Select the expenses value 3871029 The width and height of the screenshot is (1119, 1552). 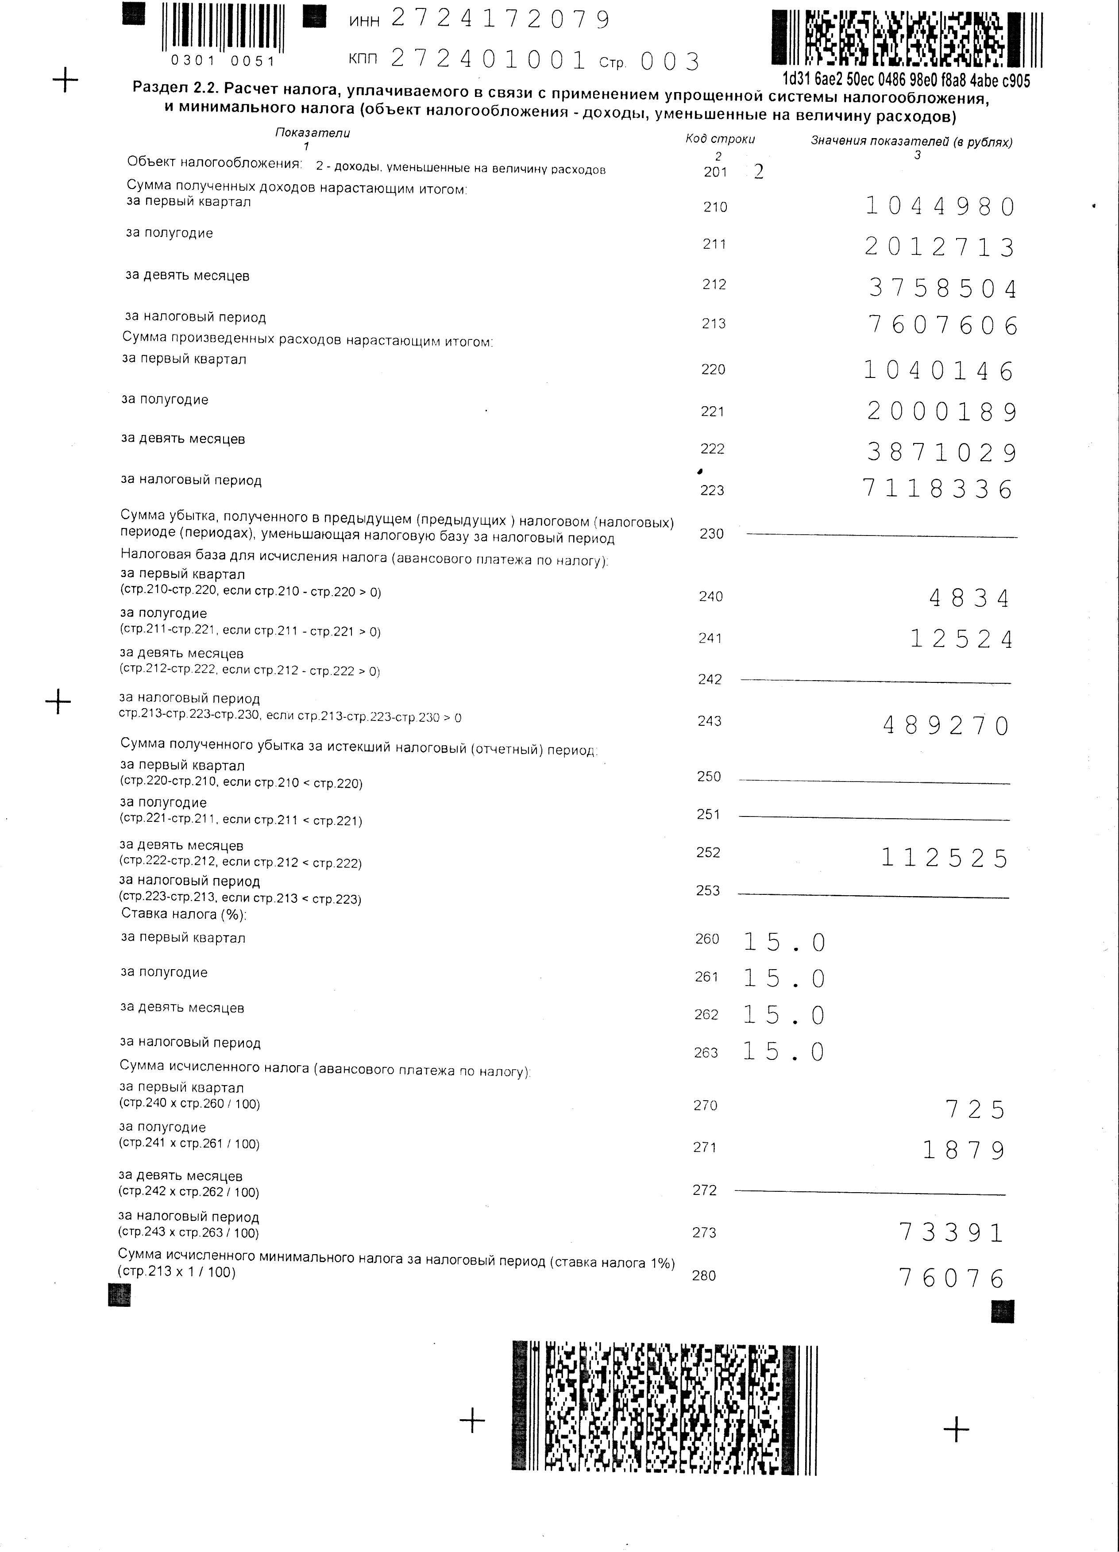point(942,452)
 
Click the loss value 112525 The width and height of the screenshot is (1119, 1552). point(945,858)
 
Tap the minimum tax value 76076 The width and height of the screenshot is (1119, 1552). point(951,1278)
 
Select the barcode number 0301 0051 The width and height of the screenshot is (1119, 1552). point(223,62)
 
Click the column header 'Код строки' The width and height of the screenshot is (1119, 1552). point(720,139)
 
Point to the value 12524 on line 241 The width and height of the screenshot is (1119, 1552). point(961,639)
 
